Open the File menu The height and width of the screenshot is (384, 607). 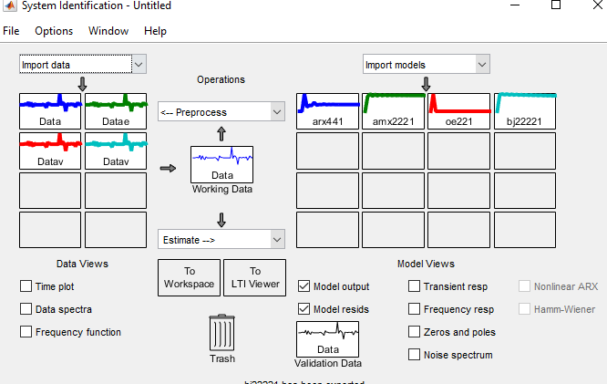(x=11, y=30)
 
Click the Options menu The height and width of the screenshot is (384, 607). (x=54, y=30)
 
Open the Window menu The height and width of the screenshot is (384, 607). (x=108, y=30)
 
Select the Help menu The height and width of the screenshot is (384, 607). (x=155, y=30)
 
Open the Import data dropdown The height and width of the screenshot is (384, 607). (x=83, y=65)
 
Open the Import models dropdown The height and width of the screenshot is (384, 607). (x=427, y=65)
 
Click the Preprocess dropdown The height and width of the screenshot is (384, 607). (x=221, y=112)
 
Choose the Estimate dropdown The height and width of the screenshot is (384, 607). (x=221, y=240)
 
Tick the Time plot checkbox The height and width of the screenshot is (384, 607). (x=26, y=286)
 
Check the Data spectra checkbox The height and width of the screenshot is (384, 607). (x=26, y=309)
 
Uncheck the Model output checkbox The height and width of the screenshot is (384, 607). (x=304, y=286)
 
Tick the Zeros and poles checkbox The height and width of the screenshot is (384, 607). (x=415, y=332)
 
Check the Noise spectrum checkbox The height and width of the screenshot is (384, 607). (x=415, y=355)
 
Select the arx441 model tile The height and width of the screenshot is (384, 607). (x=327, y=110)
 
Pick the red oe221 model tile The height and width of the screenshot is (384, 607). (x=459, y=110)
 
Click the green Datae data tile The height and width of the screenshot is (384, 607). (x=116, y=110)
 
